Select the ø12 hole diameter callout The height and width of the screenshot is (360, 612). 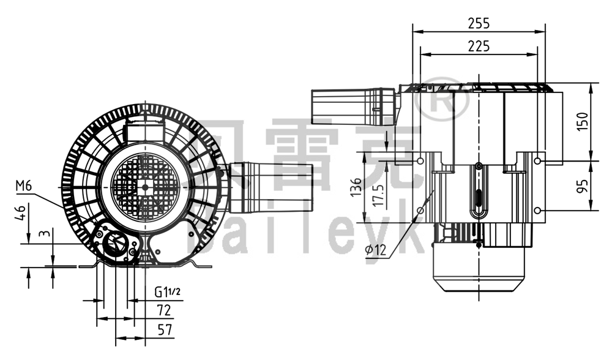(x=373, y=250)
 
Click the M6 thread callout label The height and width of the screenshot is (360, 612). (x=24, y=186)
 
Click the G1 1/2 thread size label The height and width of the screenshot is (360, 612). (x=167, y=292)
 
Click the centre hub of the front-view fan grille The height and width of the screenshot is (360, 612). (x=145, y=188)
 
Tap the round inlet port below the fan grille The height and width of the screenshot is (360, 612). (x=114, y=244)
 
